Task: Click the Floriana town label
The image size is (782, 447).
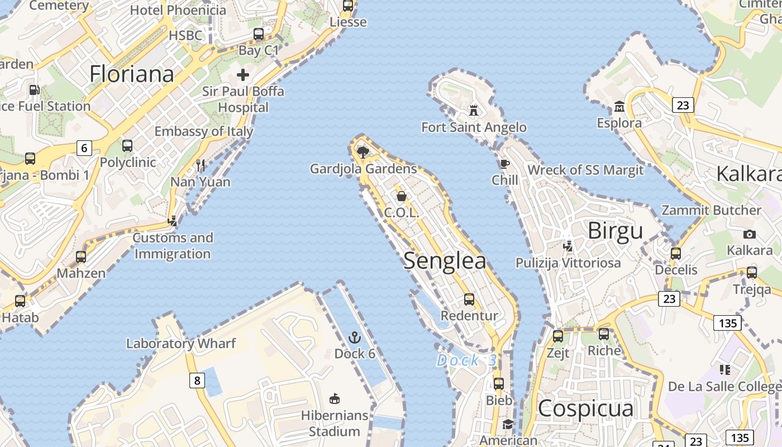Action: coord(132,74)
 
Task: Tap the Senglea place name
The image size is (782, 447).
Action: coord(445,261)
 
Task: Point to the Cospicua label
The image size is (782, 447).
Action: coord(586,408)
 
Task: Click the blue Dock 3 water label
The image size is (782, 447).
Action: coord(466,360)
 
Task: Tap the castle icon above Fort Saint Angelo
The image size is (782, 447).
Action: coord(474,110)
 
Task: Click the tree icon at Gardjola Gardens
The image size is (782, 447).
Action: coord(363,152)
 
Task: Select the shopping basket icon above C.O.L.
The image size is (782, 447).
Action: coord(401,196)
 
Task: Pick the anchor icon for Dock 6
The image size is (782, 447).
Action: coord(355,337)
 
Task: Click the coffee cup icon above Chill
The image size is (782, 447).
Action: coord(504,164)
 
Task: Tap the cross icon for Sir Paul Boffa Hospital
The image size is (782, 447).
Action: coord(243,74)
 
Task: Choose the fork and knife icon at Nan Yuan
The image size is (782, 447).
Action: coord(201,165)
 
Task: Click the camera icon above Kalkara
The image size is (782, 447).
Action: coord(750,234)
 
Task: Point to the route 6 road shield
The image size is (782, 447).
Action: coord(84,148)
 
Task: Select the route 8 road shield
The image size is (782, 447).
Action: coord(197,381)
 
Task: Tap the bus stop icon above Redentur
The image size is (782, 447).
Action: coord(469,299)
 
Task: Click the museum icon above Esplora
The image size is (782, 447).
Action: coord(619,106)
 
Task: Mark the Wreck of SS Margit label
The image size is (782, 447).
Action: coord(585,170)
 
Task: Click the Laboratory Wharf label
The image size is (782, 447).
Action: coord(181,343)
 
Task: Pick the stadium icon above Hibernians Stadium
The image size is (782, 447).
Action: coord(335,398)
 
